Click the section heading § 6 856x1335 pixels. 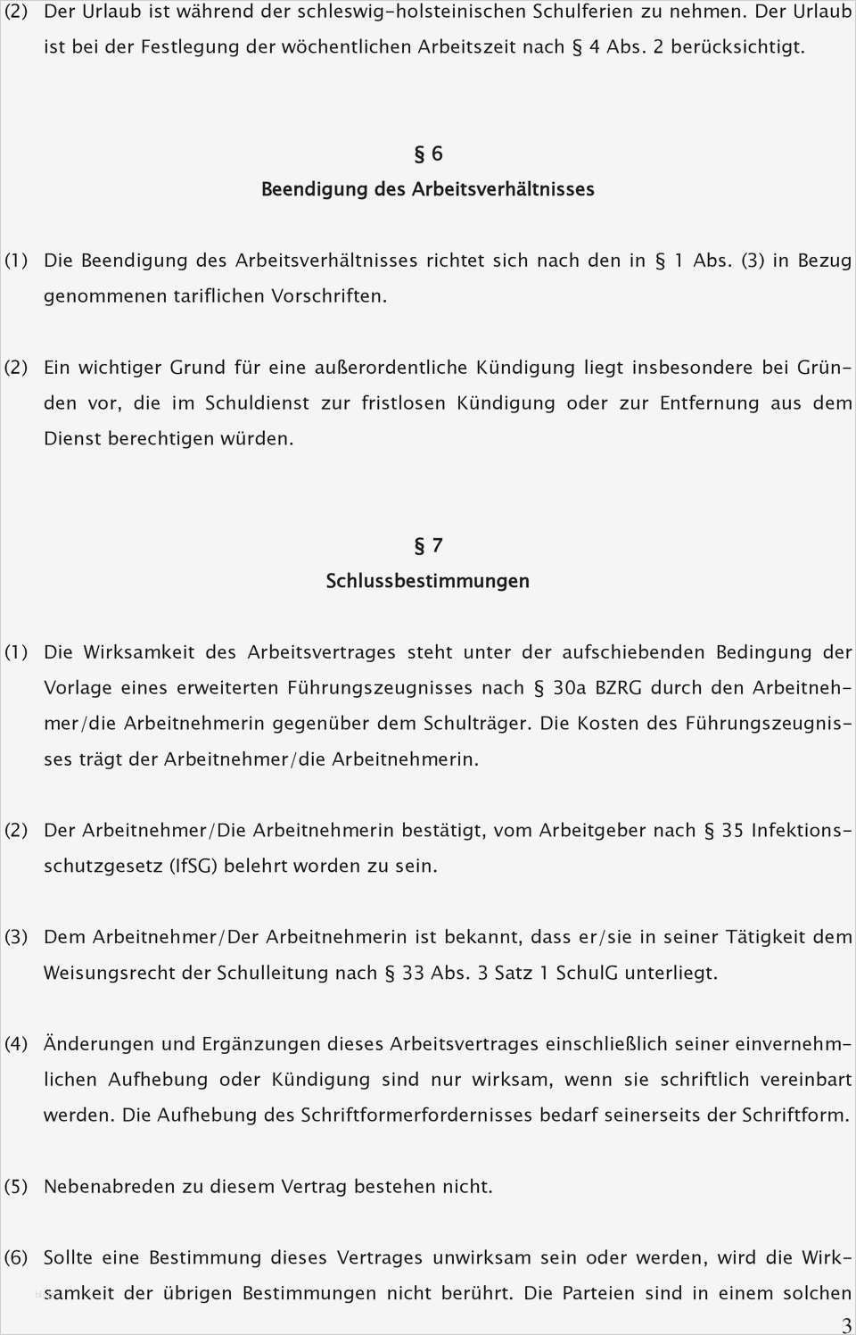[x=428, y=153]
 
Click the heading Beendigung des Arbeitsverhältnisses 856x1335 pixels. [x=428, y=189]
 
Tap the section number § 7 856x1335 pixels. [x=428, y=545]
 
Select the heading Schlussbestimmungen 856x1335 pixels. [x=428, y=581]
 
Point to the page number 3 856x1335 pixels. [x=845, y=1325]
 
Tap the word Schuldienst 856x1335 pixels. [x=257, y=403]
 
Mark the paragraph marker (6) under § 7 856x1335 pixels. [x=16, y=1257]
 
